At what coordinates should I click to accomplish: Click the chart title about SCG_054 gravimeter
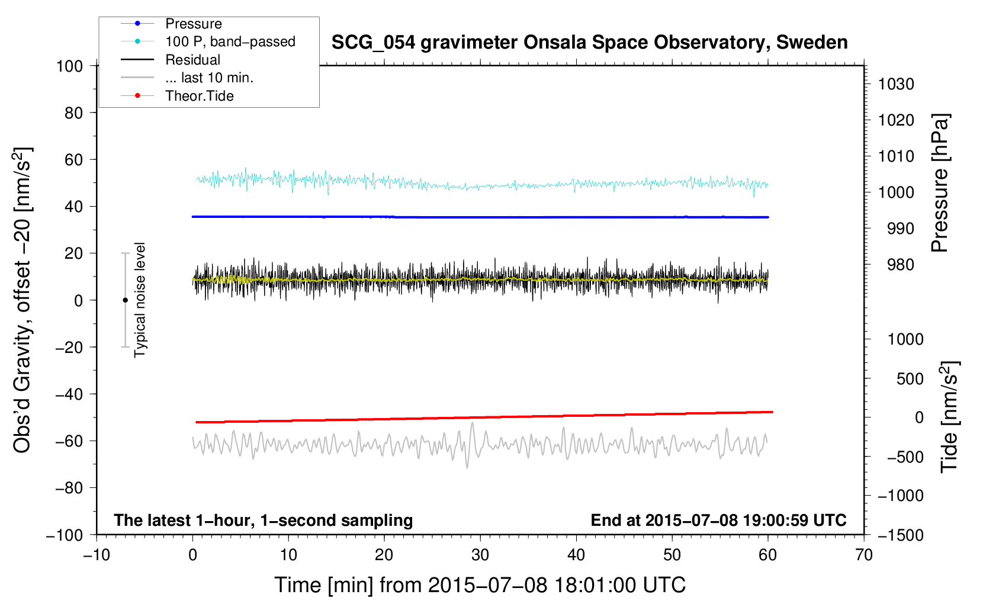click(589, 43)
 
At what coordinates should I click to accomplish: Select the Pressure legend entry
click(193, 24)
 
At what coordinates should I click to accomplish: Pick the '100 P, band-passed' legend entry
click(230, 41)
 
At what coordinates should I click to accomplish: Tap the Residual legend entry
click(192, 60)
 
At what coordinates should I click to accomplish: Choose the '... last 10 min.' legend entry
click(209, 78)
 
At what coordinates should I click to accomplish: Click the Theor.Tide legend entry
click(199, 96)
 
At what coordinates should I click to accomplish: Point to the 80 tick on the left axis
click(73, 113)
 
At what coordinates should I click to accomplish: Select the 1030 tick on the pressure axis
click(896, 84)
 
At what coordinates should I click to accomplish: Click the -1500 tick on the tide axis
click(900, 535)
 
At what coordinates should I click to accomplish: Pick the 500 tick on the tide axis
click(910, 378)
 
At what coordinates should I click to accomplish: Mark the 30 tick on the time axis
click(480, 555)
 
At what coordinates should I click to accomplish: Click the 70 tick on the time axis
click(864, 555)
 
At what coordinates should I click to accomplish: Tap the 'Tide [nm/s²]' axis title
click(949, 416)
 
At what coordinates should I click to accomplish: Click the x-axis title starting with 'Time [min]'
click(480, 585)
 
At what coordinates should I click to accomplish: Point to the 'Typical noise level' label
click(140, 300)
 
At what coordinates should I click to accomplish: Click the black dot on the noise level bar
click(125, 300)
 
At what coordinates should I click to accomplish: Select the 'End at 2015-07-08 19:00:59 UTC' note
click(718, 520)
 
